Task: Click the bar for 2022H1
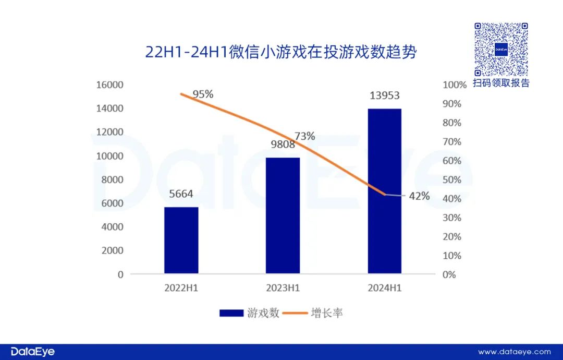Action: [x=181, y=240]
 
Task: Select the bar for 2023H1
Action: [x=283, y=215]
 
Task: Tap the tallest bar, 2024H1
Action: [x=385, y=190]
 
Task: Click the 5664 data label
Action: [x=181, y=194]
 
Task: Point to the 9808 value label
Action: [x=283, y=145]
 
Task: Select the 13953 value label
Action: [x=385, y=95]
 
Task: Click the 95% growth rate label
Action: [x=203, y=94]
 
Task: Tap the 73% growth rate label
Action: [x=305, y=136]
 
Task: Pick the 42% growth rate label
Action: [x=419, y=196]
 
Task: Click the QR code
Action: [x=501, y=50]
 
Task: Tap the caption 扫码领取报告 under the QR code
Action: [x=501, y=83]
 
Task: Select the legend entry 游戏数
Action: [x=250, y=313]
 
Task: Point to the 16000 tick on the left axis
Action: [x=110, y=85]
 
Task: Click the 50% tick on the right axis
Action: [x=451, y=179]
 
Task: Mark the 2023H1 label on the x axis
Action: [x=283, y=288]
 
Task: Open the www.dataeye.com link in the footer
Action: [x=514, y=352]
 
